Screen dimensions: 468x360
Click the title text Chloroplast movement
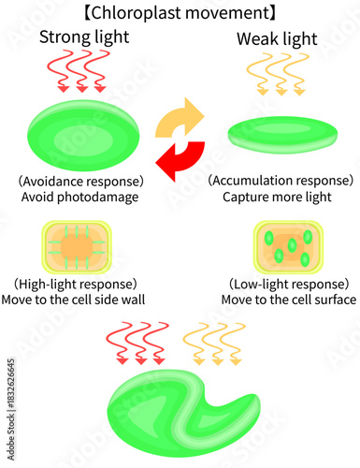click(179, 14)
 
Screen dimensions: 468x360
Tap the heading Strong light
click(84, 37)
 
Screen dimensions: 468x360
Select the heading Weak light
click(275, 40)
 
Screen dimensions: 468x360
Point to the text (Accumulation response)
click(281, 180)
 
